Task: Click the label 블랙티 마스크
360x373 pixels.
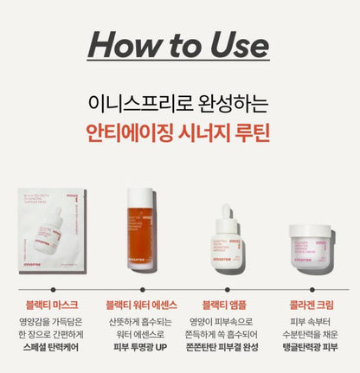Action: [51, 305]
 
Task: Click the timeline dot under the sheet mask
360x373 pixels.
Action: [52, 289]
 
